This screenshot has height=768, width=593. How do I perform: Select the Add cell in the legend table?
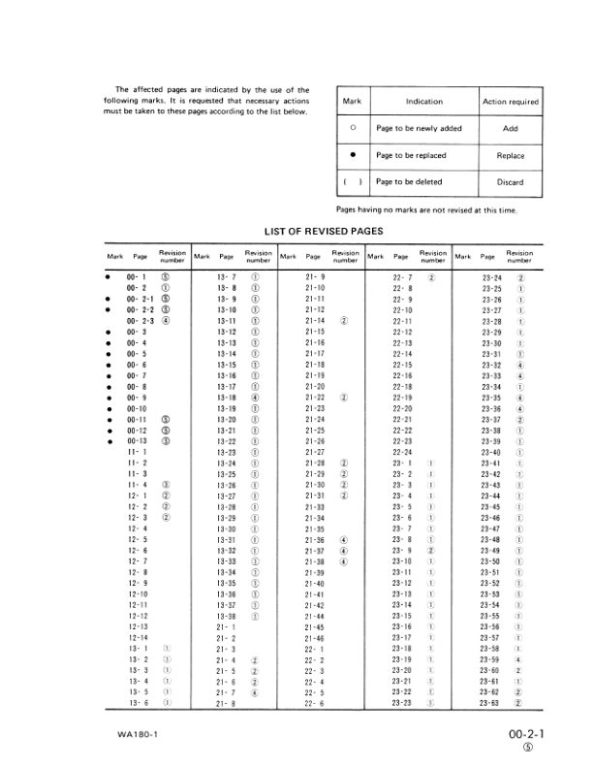click(510, 128)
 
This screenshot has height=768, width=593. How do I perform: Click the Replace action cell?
click(510, 155)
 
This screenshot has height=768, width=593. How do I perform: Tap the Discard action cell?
click(510, 182)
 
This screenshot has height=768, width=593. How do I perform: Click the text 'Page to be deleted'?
click(408, 182)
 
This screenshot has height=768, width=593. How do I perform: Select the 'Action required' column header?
click(510, 101)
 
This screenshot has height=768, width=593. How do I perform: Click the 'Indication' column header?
click(423, 101)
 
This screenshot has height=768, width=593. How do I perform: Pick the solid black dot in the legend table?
click(352, 155)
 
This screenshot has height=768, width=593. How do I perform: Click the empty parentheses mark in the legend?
click(352, 182)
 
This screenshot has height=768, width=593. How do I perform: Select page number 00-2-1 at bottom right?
click(528, 735)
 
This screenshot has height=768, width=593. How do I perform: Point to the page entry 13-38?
click(226, 616)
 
